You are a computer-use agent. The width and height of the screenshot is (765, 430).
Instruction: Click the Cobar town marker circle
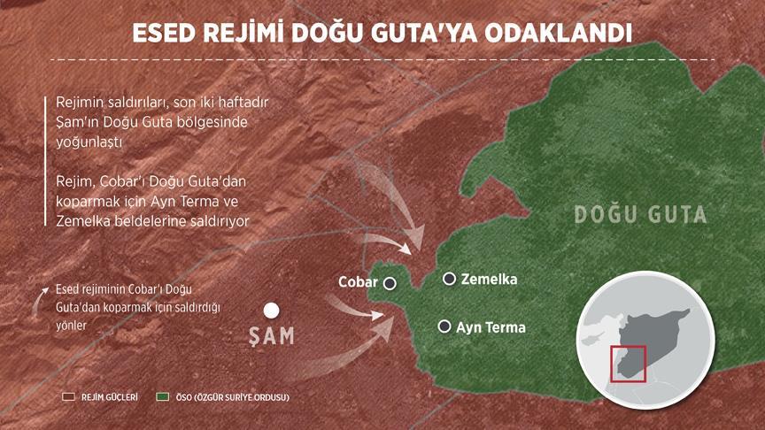click(390, 283)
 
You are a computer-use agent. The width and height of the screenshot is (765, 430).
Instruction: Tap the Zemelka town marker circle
click(450, 279)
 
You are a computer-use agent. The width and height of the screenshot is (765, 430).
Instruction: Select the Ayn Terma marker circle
click(444, 326)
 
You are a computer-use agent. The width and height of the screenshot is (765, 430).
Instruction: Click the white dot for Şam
click(272, 311)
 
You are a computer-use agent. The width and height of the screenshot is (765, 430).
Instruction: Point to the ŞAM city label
click(271, 337)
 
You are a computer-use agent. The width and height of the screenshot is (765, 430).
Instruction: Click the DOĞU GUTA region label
click(640, 215)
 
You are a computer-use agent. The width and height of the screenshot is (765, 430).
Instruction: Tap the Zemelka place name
click(489, 280)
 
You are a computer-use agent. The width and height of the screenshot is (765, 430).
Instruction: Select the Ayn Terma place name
click(491, 327)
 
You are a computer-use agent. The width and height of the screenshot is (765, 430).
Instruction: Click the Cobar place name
click(358, 283)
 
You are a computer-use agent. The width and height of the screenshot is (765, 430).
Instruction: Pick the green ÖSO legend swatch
click(161, 397)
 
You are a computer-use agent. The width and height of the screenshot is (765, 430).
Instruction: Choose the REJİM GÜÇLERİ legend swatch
click(66, 397)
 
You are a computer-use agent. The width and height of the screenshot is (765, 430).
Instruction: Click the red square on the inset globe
click(628, 364)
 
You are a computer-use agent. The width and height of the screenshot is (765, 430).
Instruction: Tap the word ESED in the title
click(166, 34)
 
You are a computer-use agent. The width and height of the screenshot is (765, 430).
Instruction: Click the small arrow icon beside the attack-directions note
click(39, 300)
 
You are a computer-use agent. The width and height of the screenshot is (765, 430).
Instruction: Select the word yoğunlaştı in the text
click(87, 141)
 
